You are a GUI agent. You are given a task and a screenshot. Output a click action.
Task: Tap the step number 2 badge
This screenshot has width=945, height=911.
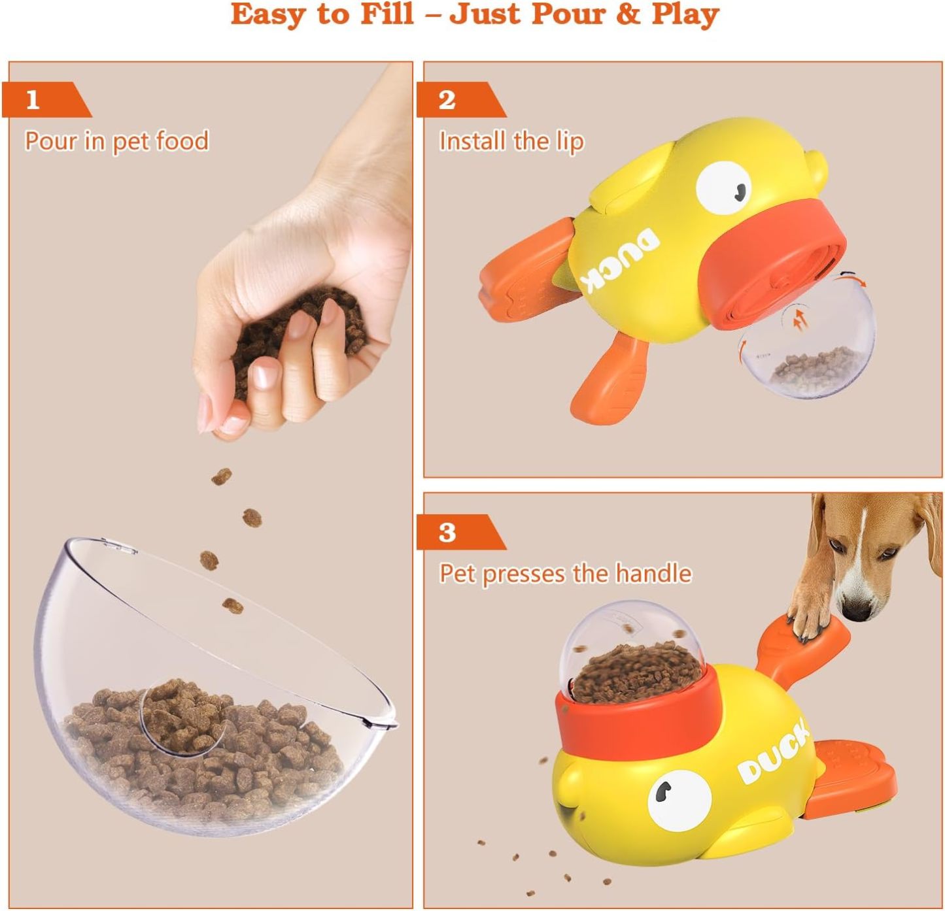point(447,100)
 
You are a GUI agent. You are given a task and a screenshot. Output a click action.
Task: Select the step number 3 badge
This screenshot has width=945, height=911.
point(447,533)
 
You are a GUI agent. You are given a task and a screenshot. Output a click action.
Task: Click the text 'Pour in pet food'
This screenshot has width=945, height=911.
point(116,141)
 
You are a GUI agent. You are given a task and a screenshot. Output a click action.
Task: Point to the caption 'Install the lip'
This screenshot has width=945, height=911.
point(511,141)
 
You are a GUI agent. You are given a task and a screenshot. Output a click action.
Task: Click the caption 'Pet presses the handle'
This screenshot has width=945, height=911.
point(565,574)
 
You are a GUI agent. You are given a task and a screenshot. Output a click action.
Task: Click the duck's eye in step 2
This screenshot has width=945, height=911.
point(723,188)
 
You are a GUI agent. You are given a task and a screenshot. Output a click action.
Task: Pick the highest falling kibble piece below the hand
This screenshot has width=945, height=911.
point(222,476)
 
